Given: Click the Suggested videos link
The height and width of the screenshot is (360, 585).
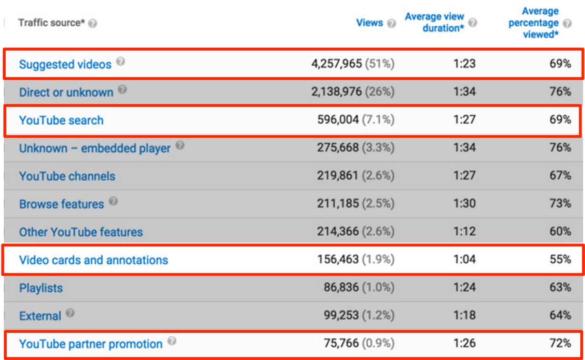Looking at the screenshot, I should (65, 64).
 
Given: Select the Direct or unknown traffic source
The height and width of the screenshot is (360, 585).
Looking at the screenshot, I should (66, 92).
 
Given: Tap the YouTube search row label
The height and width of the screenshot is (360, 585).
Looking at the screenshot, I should (61, 120).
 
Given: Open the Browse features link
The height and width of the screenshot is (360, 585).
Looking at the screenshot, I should (61, 204).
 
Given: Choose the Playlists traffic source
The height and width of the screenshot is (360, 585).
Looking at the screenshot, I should (41, 288).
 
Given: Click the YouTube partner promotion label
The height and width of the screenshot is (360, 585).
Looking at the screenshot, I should (91, 343).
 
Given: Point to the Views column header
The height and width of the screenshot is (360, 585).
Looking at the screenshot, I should (370, 23).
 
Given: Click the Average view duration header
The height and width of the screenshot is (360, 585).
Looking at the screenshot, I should (434, 22).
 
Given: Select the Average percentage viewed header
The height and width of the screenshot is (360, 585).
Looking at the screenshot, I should (534, 23).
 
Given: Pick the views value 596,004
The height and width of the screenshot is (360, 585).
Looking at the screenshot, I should (341, 120).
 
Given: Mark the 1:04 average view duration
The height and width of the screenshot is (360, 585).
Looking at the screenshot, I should (464, 260).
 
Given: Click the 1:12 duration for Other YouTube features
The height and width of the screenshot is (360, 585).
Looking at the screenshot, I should (464, 232).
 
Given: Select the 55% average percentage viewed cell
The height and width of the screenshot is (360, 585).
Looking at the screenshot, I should (561, 260).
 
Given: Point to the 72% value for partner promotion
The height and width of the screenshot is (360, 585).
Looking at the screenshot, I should (561, 343).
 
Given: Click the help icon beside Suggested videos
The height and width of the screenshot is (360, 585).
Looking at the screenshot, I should (121, 62).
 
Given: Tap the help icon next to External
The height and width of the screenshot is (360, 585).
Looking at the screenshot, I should (71, 314).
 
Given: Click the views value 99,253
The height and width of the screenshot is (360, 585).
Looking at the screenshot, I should (344, 315).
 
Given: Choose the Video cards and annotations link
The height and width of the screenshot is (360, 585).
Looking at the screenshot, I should (93, 260).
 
